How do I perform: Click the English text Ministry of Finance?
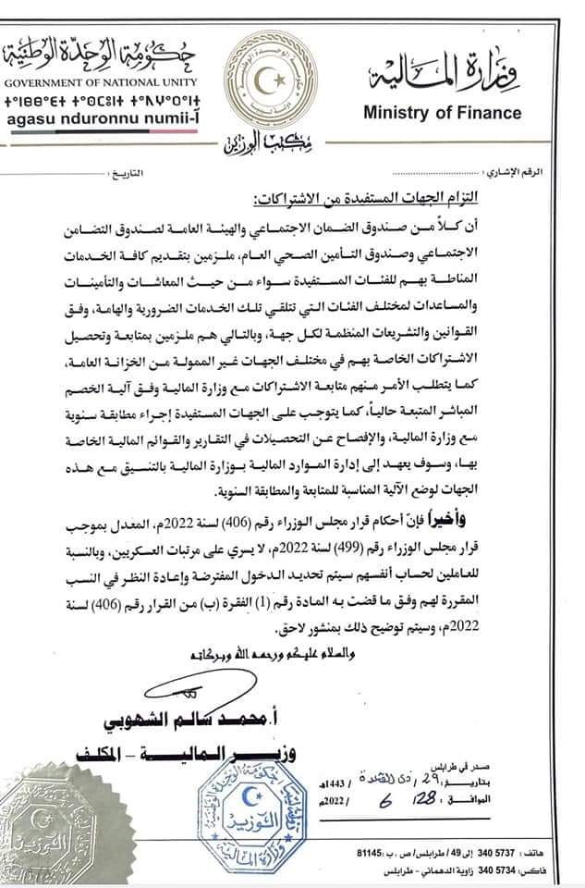coord(441,114)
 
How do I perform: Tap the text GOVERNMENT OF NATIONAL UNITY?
coord(81,82)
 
